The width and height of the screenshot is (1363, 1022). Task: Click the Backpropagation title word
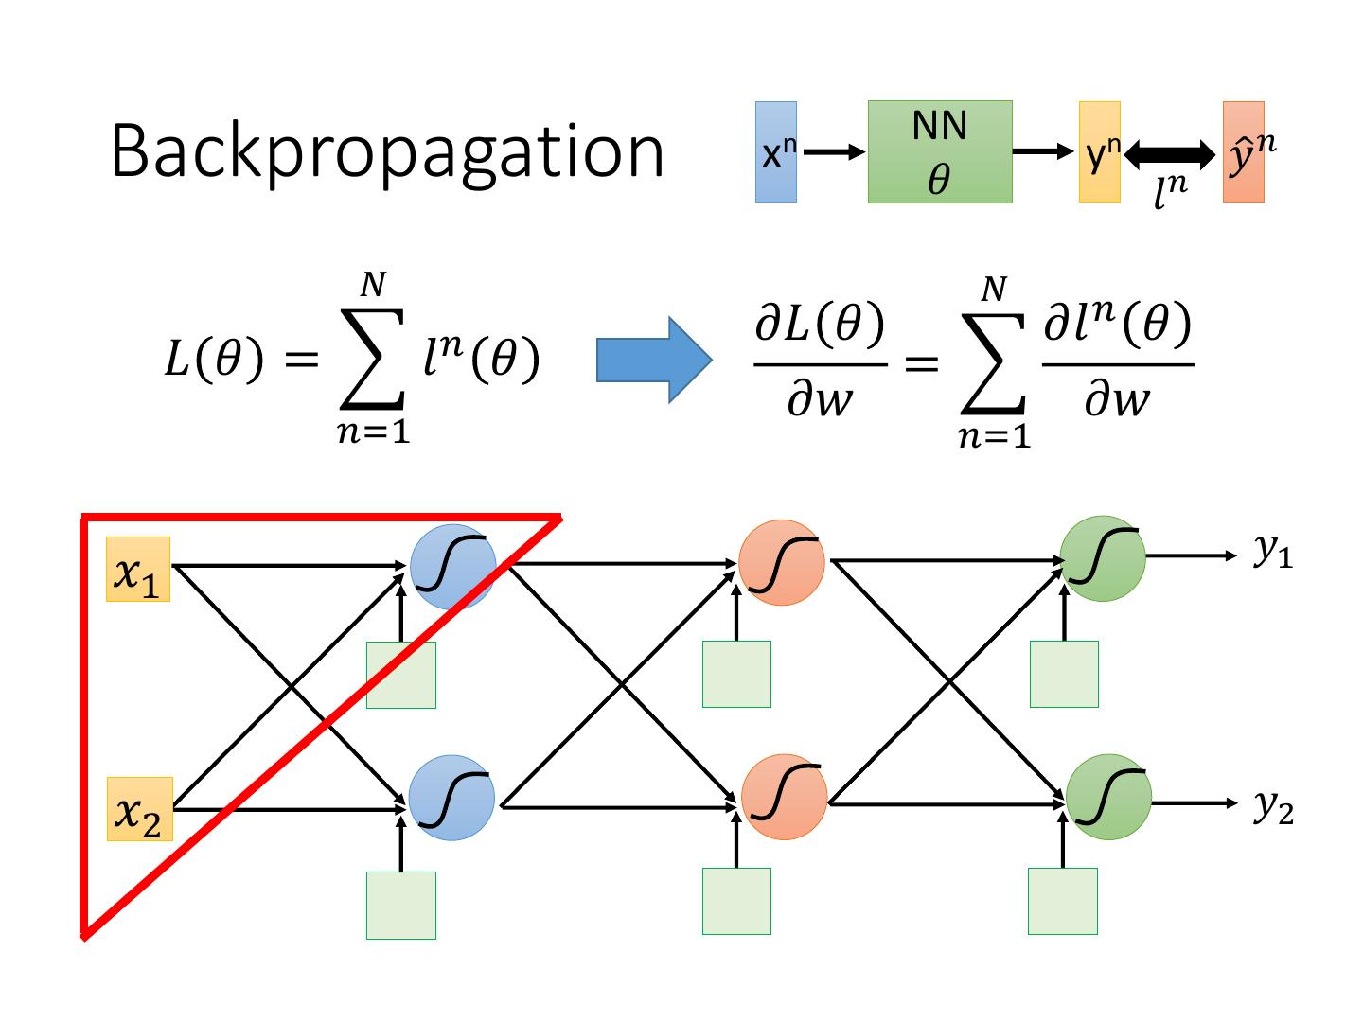tap(387, 151)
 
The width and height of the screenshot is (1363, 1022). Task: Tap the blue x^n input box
tap(775, 152)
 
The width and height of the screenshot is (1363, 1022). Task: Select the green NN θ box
tap(940, 152)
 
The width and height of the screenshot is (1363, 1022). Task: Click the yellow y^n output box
tap(1099, 152)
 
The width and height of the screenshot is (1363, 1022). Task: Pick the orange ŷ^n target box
tap(1243, 152)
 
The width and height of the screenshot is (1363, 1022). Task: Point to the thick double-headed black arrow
tap(1171, 152)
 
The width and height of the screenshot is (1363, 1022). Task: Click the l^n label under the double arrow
tap(1170, 191)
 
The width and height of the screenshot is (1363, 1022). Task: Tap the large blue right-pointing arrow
tap(653, 360)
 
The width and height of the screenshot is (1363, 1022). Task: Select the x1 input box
tap(138, 570)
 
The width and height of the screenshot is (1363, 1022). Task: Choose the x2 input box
tap(138, 809)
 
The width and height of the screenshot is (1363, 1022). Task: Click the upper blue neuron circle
tap(453, 566)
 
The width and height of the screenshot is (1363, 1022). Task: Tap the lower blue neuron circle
tap(451, 798)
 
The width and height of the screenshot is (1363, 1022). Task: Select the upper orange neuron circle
tap(782, 563)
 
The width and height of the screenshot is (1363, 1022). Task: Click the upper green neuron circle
tap(1102, 559)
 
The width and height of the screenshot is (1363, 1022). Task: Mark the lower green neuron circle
tap(1108, 796)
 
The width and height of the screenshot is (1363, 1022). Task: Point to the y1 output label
tap(1273, 552)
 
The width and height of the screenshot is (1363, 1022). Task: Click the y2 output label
tap(1273, 806)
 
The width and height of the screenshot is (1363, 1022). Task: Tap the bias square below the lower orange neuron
tap(736, 901)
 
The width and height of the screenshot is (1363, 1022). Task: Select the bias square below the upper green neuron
tap(1064, 674)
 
